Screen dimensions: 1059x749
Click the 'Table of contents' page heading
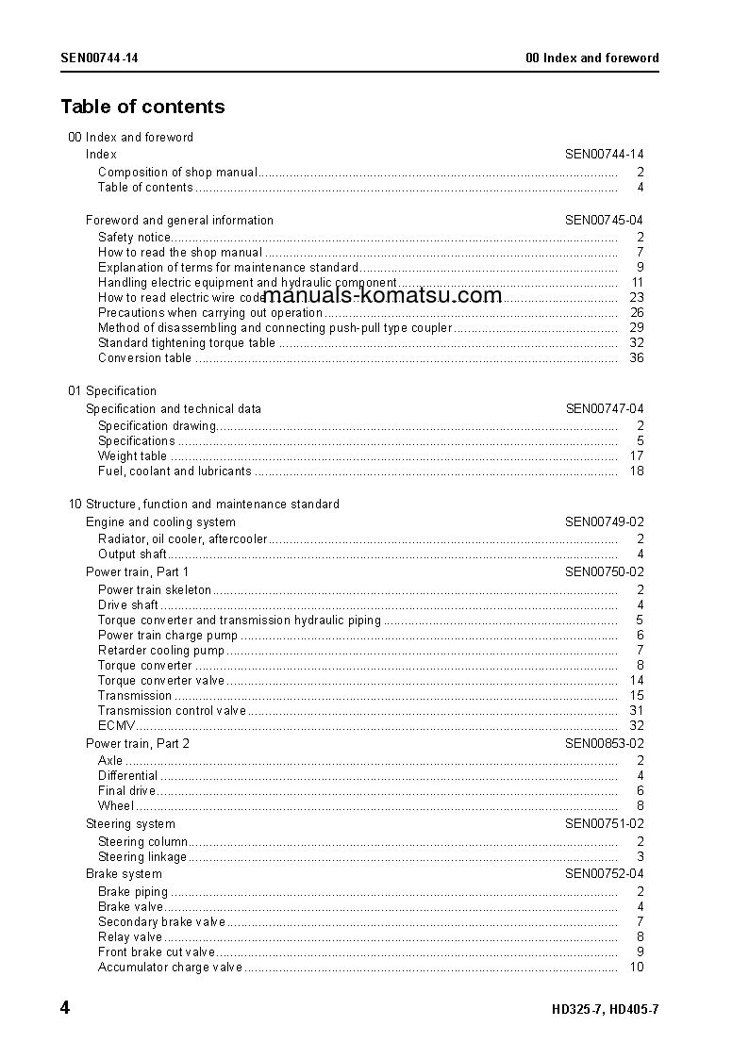(x=142, y=107)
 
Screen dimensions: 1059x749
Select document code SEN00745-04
(x=605, y=221)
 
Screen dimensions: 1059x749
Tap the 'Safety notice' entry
(x=135, y=238)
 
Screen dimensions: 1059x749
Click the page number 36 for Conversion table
(x=637, y=358)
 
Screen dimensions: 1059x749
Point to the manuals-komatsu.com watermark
(x=382, y=295)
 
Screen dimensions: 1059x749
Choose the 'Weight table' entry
(x=132, y=456)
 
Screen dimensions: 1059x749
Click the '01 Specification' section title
(x=112, y=391)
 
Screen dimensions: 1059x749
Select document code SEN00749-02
(x=605, y=522)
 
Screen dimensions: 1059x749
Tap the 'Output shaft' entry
(x=132, y=554)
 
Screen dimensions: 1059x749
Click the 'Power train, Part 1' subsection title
(x=137, y=572)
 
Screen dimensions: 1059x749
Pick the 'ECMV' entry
(x=117, y=726)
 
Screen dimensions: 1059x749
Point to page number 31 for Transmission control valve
(x=637, y=711)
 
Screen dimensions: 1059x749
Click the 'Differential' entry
(x=127, y=776)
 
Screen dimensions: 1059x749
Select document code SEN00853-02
(x=605, y=744)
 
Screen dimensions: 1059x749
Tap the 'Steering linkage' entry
(x=142, y=857)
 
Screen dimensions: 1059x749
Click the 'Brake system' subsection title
(x=124, y=874)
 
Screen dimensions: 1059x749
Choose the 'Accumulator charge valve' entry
(x=170, y=968)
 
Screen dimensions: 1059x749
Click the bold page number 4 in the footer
(x=65, y=1008)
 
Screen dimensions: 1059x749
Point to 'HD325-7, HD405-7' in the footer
(x=605, y=1009)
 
